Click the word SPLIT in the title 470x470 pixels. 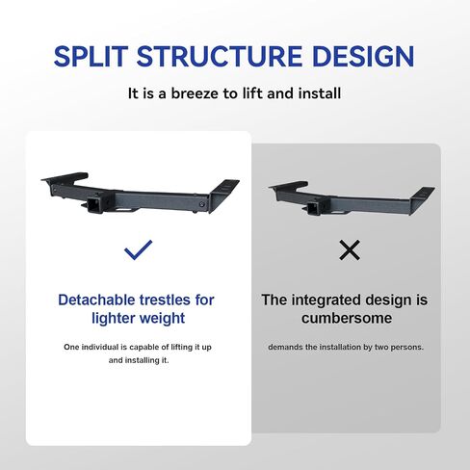click(91, 57)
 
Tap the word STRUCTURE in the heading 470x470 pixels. click(220, 57)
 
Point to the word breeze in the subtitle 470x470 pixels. click(195, 93)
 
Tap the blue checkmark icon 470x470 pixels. click(139, 249)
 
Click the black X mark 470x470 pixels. click(350, 249)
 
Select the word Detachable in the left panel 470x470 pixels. click(96, 300)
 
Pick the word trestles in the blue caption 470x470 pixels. click(165, 300)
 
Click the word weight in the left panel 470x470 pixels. click(163, 319)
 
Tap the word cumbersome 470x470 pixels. click(347, 318)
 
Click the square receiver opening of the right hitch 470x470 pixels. click(312, 209)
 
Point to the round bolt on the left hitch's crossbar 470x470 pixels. click(201, 204)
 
